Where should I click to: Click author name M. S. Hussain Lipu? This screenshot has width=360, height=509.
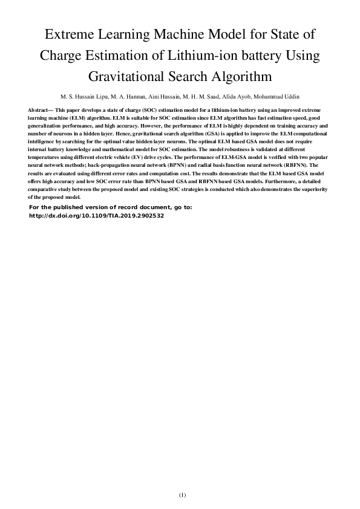(83, 97)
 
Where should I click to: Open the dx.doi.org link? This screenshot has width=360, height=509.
(96, 215)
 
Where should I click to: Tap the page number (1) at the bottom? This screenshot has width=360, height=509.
(182, 495)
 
